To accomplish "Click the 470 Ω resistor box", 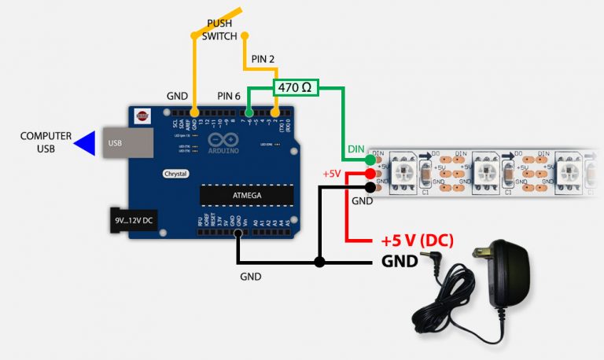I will coord(296,87).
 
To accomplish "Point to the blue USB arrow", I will coord(85,142).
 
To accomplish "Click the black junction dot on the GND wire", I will coord(319,262).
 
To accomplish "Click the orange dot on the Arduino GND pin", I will coord(193,114).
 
